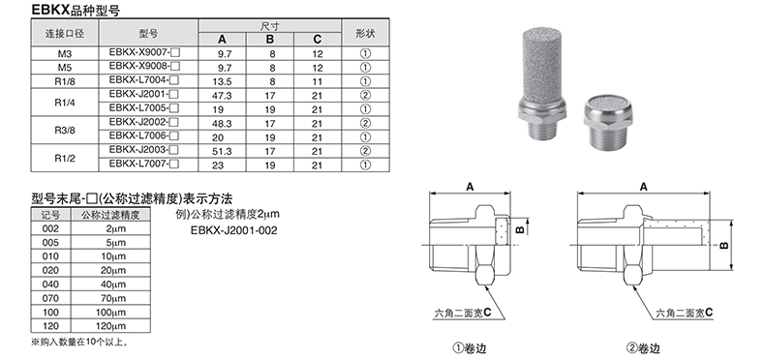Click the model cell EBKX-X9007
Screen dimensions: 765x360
[144, 52]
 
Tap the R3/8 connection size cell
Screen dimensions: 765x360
[65, 131]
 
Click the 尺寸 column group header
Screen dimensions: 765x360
[270, 26]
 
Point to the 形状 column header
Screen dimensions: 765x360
[365, 33]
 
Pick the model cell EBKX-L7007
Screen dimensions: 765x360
[144, 164]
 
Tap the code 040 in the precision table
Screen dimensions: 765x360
[50, 285]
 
